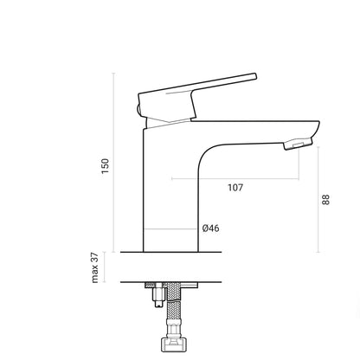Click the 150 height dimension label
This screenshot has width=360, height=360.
pyautogui.click(x=106, y=166)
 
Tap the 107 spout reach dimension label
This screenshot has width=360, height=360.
pyautogui.click(x=235, y=188)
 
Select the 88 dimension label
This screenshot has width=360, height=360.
pyautogui.click(x=325, y=200)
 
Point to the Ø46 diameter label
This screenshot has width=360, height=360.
pyautogui.click(x=210, y=228)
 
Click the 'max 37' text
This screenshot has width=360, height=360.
pyautogui.click(x=95, y=267)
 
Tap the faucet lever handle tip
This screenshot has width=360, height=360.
pyautogui.click(x=255, y=76)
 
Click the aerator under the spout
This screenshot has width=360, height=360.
pyautogui.click(x=298, y=144)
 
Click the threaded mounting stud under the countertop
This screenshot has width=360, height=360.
pyautogui.click(x=158, y=296)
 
